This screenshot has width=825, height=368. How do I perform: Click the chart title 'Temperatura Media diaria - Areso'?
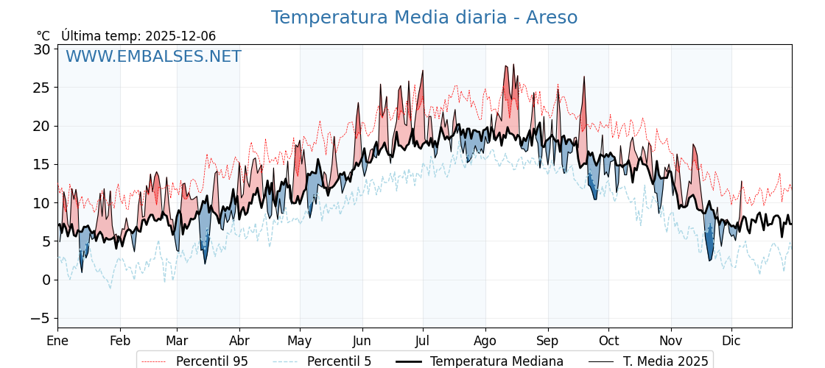pyautogui.click(x=424, y=18)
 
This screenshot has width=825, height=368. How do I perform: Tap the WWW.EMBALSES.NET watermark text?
pyautogui.click(x=153, y=57)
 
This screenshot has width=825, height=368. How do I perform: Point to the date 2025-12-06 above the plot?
pyautogui.click(x=180, y=36)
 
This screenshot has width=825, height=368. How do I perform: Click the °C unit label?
pyautogui.click(x=43, y=36)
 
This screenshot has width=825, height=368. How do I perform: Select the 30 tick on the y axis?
pyautogui.click(x=41, y=49)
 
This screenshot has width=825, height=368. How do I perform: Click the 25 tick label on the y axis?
pyautogui.click(x=41, y=88)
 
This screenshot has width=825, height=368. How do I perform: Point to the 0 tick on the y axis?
pyautogui.click(x=46, y=280)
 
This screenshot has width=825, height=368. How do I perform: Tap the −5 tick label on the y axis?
pyautogui.click(x=41, y=318)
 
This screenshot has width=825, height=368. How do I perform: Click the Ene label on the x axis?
pyautogui.click(x=57, y=341)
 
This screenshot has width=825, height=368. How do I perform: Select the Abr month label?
pyautogui.click(x=239, y=341)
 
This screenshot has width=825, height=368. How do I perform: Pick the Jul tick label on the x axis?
pyautogui.click(x=423, y=341)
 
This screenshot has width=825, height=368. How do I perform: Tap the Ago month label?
pyautogui.click(x=485, y=341)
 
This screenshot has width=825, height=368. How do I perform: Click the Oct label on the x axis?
pyautogui.click(x=608, y=341)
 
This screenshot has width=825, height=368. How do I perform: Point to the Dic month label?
pyautogui.click(x=731, y=341)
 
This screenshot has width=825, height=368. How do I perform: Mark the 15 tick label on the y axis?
pyautogui.click(x=41, y=164)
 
